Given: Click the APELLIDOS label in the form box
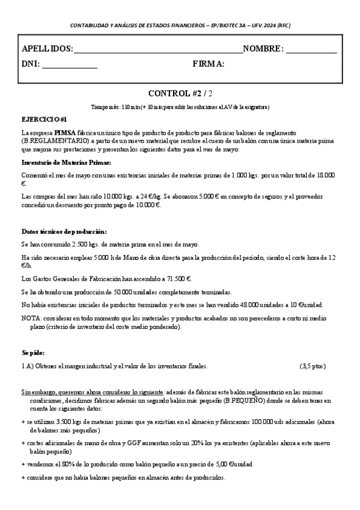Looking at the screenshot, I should pyautogui.click(x=47, y=49).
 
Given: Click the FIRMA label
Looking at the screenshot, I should pyautogui.click(x=209, y=64).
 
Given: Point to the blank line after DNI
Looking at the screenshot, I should pyautogui.click(x=70, y=66).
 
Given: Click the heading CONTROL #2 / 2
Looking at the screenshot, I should pyautogui.click(x=180, y=93).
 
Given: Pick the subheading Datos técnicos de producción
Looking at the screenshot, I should pyautogui.click(x=64, y=232).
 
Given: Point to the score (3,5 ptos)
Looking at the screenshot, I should pyautogui.click(x=312, y=366).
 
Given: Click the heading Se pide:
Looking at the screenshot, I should pyautogui.click(x=32, y=352).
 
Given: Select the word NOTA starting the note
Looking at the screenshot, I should pyautogui.click(x=31, y=318).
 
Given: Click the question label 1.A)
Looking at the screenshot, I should pyautogui.click(x=28, y=366).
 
